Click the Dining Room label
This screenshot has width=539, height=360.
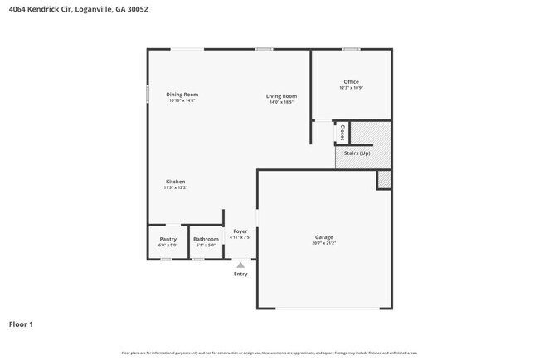click(x=182, y=95)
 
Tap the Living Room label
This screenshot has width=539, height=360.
click(x=281, y=96)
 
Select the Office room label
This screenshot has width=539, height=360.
click(x=352, y=81)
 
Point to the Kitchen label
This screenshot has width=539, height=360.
click(x=175, y=182)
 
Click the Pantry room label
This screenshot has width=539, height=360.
click(x=168, y=239)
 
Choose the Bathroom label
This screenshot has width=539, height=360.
click(x=206, y=239)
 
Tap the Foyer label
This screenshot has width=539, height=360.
click(x=240, y=231)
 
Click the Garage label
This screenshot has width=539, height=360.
click(x=323, y=237)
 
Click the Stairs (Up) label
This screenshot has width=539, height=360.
click(x=357, y=153)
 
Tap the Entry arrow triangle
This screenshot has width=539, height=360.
click(x=240, y=265)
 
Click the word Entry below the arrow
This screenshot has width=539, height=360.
click(x=240, y=274)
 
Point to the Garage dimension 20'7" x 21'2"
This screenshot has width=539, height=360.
click(x=323, y=244)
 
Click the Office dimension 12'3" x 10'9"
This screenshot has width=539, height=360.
click(x=352, y=88)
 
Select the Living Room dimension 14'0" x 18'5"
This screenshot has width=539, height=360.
click(x=281, y=102)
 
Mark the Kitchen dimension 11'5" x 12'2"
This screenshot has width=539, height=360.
click(x=175, y=188)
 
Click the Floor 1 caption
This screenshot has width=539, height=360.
click(x=21, y=324)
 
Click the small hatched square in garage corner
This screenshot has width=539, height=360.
click(x=384, y=179)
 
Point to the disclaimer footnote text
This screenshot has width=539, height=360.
click(x=269, y=353)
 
